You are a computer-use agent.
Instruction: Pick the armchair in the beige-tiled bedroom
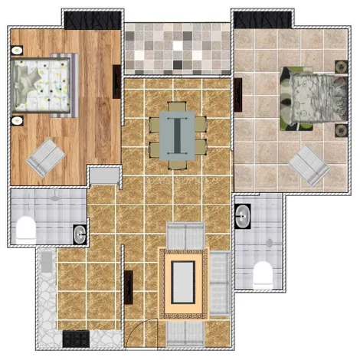coord(309,165)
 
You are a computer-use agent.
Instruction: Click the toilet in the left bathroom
coord(25,228)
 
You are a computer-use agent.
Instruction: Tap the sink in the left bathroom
coord(80,233)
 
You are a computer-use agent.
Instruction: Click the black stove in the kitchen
coord(77,337)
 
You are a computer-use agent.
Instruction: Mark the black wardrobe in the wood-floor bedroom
coord(90,19)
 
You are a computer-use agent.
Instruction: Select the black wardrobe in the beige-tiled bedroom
coord(260,19)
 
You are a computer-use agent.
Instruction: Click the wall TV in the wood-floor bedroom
coord(116,80)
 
